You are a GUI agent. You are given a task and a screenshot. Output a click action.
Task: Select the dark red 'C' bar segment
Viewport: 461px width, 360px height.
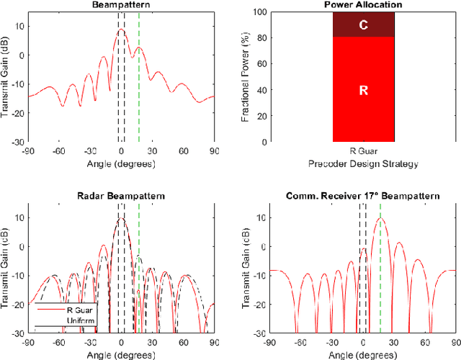364,24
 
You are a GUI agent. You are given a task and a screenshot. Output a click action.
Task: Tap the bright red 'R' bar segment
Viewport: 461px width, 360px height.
364,89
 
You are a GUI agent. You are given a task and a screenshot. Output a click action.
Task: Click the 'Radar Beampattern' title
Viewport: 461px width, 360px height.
121,196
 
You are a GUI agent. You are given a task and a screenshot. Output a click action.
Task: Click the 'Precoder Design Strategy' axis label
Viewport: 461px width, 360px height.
364,163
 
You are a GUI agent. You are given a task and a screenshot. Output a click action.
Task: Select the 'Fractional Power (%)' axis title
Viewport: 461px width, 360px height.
246,77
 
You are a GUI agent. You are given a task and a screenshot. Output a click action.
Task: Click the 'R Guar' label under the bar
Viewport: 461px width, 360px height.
364,152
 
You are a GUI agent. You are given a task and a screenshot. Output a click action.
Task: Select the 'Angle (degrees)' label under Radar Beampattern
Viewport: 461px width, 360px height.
121,354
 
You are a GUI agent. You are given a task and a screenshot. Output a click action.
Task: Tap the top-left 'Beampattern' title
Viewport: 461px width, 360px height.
121,4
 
